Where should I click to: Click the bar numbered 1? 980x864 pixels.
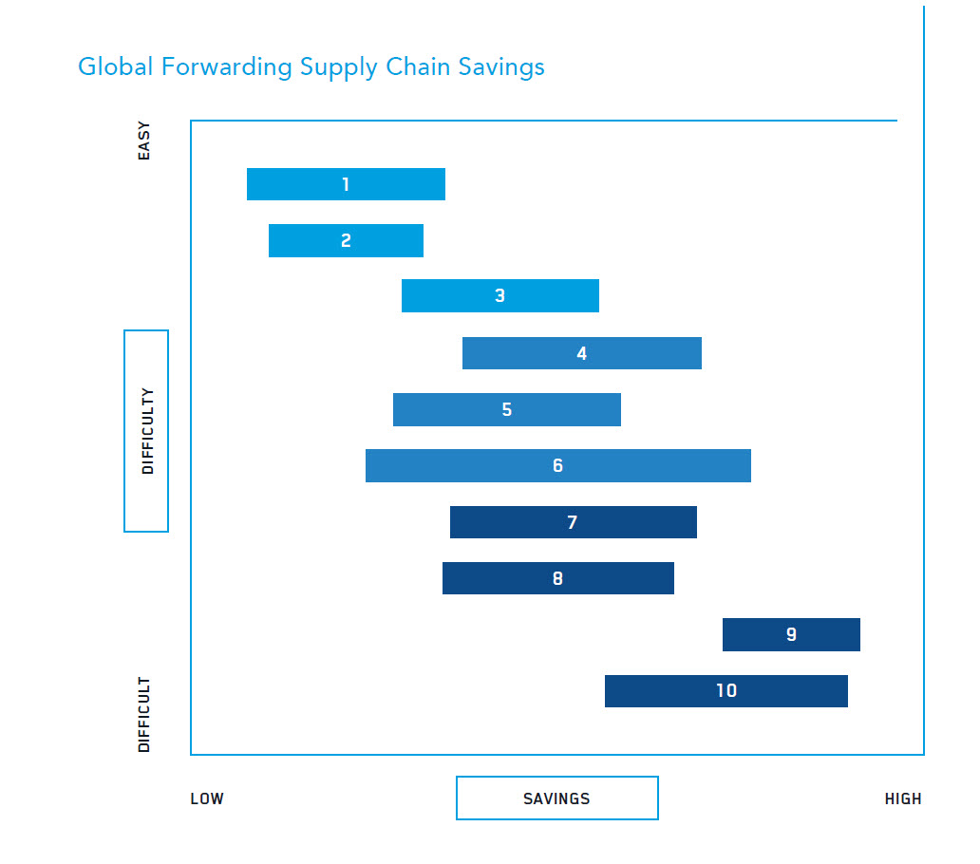pyautogui.click(x=346, y=184)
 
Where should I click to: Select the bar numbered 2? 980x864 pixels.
pyautogui.click(x=346, y=241)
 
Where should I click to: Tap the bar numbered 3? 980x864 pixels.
pyautogui.click(x=500, y=296)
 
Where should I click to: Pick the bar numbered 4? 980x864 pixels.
pyautogui.click(x=581, y=353)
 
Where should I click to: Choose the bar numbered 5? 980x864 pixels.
pyautogui.click(x=507, y=410)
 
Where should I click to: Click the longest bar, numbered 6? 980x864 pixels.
pyautogui.click(x=557, y=466)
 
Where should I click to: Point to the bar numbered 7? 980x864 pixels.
pyautogui.click(x=573, y=522)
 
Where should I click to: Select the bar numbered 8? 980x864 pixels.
pyautogui.click(x=557, y=578)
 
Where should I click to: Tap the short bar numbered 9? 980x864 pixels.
pyautogui.click(x=791, y=634)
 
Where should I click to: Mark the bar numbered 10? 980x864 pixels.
pyautogui.click(x=726, y=691)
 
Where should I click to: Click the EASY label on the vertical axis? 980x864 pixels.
pyautogui.click(x=144, y=140)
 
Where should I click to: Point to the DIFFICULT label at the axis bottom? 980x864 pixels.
pyautogui.click(x=144, y=715)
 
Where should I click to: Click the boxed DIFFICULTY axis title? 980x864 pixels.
pyautogui.click(x=146, y=431)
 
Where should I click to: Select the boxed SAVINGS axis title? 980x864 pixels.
pyautogui.click(x=556, y=798)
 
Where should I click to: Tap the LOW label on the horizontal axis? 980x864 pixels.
pyautogui.click(x=207, y=798)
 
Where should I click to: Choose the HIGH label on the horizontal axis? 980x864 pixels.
pyautogui.click(x=902, y=798)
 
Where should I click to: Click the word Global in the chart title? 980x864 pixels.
pyautogui.click(x=106, y=67)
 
